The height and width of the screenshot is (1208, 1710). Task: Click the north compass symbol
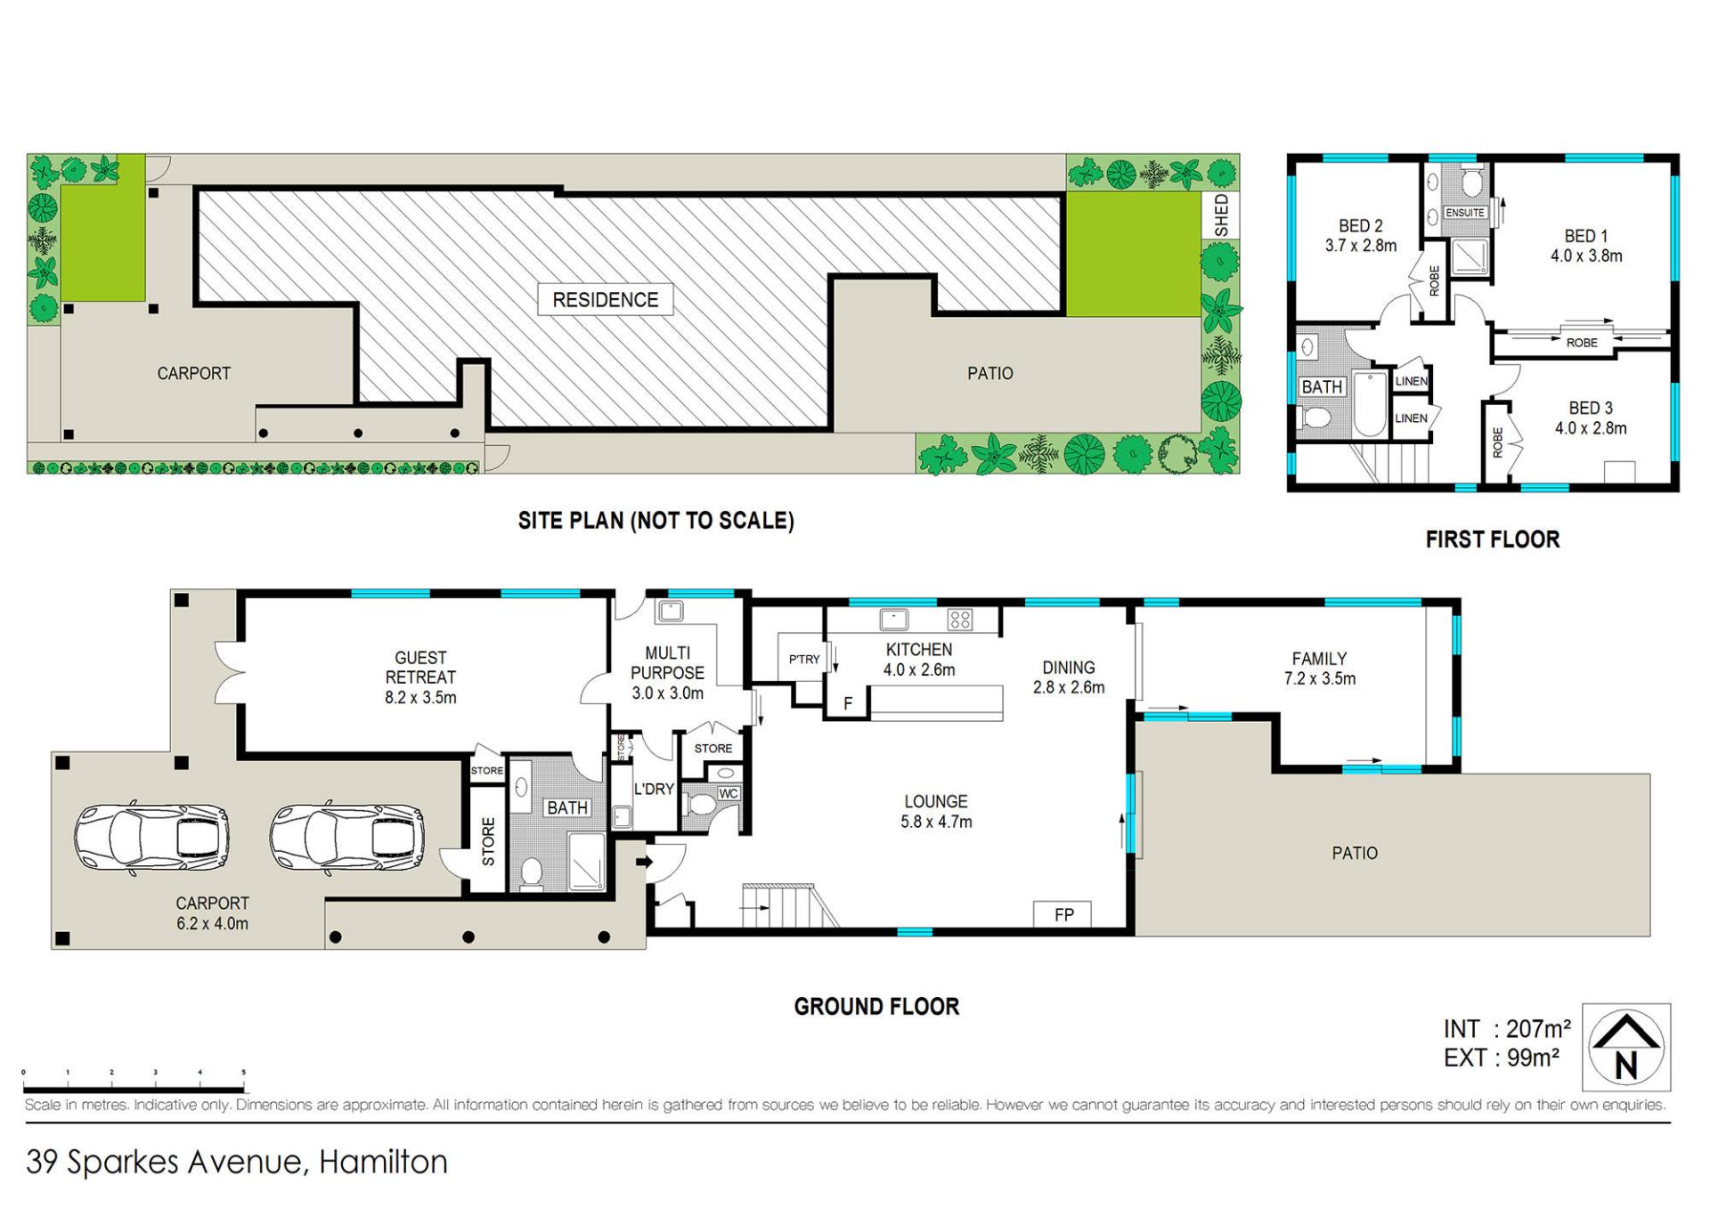pyautogui.click(x=1626, y=1047)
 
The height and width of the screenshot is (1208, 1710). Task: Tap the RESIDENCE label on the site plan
pyautogui.click(x=606, y=300)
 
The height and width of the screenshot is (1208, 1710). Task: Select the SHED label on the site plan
pyautogui.click(x=1220, y=215)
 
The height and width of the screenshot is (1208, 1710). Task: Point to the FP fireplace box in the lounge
pyautogui.click(x=1063, y=914)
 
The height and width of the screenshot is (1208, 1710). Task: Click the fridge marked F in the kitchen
pyautogui.click(x=848, y=702)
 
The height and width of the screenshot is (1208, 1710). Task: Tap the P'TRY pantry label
pyautogui.click(x=804, y=660)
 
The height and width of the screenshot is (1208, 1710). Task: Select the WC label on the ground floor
pyautogui.click(x=729, y=793)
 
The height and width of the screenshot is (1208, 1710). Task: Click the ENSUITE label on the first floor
pyautogui.click(x=1465, y=213)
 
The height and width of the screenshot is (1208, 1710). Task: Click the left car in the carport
pyautogui.click(x=152, y=838)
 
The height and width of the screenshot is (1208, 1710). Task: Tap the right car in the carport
pyautogui.click(x=347, y=838)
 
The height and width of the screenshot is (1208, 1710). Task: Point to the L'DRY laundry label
pyautogui.click(x=654, y=789)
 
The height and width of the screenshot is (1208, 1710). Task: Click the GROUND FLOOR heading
pyautogui.click(x=876, y=1007)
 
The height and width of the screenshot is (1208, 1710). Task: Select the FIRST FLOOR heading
pyautogui.click(x=1493, y=539)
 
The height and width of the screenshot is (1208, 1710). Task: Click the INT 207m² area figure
pyautogui.click(x=1507, y=1029)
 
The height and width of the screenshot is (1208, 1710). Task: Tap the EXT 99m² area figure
pyautogui.click(x=1502, y=1058)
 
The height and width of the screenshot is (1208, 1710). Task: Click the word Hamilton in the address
pyautogui.click(x=383, y=1162)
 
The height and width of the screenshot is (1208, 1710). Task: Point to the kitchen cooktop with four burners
pyautogui.click(x=959, y=619)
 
